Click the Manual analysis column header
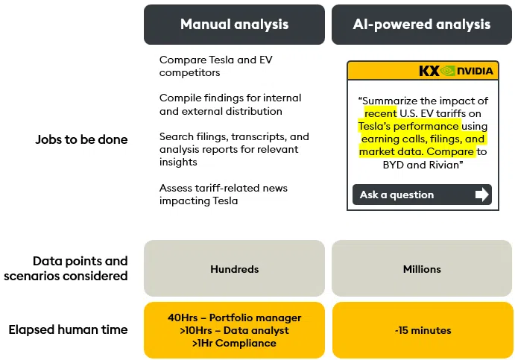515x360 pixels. [234, 25]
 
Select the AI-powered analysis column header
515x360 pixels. [422, 25]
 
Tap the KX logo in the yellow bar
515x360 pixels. [429, 71]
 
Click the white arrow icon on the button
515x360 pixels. [482, 195]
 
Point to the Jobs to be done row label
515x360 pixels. [81, 139]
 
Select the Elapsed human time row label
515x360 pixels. [68, 329]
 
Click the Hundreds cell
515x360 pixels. [234, 269]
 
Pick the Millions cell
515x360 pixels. [422, 269]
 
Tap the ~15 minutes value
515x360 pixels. [422, 330]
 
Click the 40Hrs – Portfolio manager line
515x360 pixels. [234, 318]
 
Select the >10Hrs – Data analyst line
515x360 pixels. [234, 330]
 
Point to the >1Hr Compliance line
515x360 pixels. [234, 343]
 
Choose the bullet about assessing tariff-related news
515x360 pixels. [223, 194]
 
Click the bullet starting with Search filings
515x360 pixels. [233, 149]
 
